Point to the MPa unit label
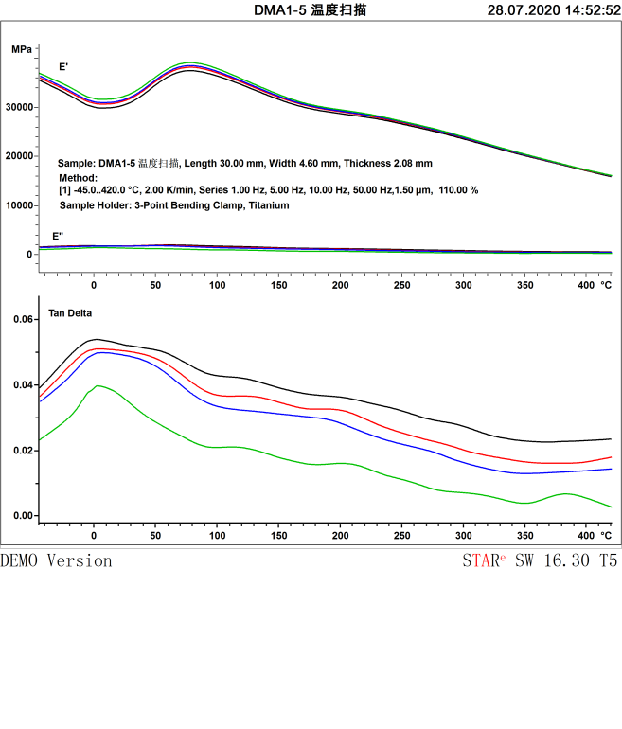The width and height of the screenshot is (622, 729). point(22,48)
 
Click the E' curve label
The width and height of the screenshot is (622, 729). point(63,67)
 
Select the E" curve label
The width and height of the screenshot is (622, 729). point(59,236)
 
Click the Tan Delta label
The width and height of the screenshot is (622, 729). point(71,311)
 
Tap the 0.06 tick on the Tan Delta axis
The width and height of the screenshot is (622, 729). point(22,320)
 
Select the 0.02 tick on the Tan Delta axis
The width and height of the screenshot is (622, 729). point(22,451)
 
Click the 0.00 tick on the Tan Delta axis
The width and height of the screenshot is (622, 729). point(22,516)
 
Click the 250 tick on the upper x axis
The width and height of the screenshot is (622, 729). point(402,285)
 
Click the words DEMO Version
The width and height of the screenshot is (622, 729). point(56,560)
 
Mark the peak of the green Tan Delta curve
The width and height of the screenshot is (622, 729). point(97,385)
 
